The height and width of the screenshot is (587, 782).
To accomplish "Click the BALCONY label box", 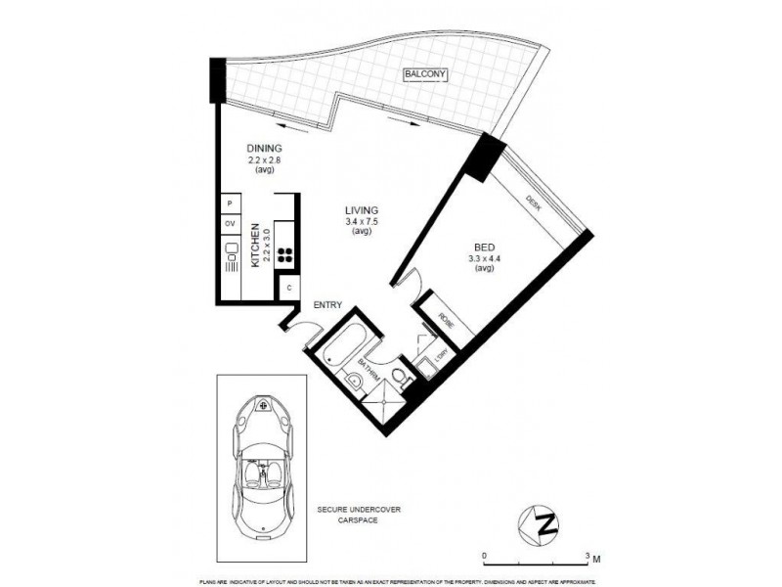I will (x=424, y=74).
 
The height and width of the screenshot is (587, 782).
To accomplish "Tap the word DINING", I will (x=264, y=149).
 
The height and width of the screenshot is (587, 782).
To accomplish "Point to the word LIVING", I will (x=361, y=210).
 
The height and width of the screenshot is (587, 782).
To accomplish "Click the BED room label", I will (x=483, y=248).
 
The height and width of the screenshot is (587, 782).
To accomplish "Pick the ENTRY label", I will (x=327, y=305).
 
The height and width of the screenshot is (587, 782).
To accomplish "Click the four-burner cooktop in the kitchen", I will (x=285, y=255).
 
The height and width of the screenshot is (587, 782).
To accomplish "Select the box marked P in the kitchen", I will (x=229, y=203).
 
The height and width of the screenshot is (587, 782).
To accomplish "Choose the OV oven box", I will (x=231, y=224).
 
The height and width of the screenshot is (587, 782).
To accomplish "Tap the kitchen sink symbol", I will (x=232, y=257).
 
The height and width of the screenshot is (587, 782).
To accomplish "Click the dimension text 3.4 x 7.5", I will (x=361, y=222).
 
